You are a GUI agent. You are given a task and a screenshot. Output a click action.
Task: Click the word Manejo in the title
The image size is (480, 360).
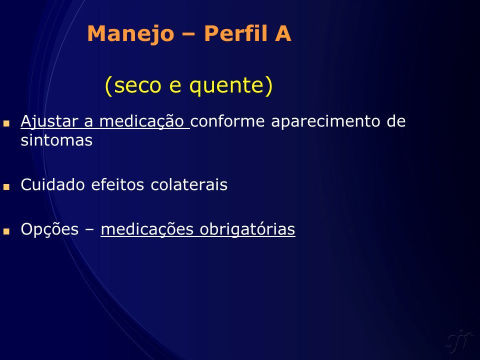[x=130, y=34]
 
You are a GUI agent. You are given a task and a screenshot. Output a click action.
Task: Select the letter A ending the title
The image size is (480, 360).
[x=283, y=33]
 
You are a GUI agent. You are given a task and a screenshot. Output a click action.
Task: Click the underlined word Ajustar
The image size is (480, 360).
[x=48, y=121]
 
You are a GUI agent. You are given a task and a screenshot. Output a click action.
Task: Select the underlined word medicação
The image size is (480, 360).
[x=141, y=121]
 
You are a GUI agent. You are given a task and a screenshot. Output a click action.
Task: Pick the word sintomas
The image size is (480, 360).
[x=56, y=140]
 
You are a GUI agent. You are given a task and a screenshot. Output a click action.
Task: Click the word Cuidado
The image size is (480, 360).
[x=52, y=184]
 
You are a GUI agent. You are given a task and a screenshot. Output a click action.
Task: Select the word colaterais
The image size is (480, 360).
[x=189, y=184]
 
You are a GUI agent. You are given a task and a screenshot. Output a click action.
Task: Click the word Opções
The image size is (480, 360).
[x=49, y=229]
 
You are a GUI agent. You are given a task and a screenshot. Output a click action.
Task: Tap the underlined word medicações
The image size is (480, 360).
[x=147, y=229]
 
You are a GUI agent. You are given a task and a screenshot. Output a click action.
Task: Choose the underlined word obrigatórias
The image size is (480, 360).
[x=247, y=229]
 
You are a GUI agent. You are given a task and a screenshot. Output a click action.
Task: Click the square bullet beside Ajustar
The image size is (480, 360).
[x=6, y=123]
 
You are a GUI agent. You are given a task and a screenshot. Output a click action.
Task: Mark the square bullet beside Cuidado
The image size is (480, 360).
[x=6, y=186]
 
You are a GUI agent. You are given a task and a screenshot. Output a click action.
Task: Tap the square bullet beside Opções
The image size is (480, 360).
[x=6, y=231]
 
